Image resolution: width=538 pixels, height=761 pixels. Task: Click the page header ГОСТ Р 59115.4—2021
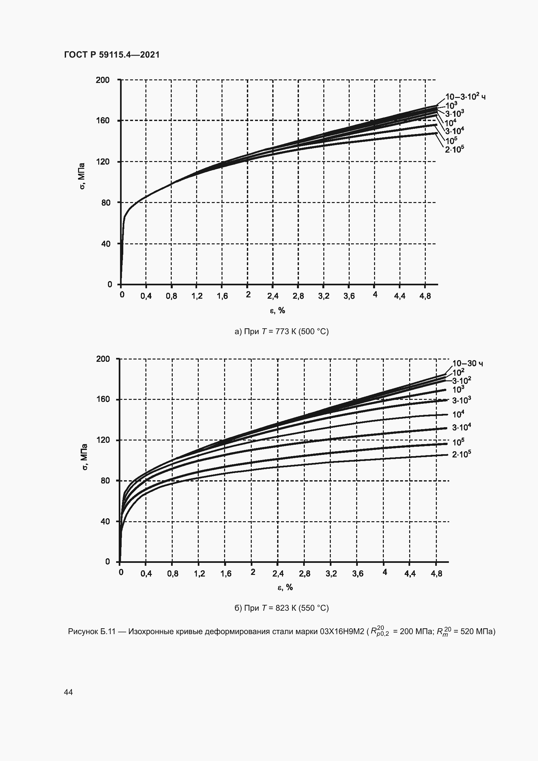[x=112, y=55]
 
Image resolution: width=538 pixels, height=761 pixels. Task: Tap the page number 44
[x=68, y=692]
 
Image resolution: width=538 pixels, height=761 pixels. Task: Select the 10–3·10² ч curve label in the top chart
[x=465, y=97]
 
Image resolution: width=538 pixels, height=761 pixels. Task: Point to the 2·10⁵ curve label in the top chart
[x=454, y=149]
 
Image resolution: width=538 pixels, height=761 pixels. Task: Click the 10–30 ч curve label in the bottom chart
[x=467, y=363]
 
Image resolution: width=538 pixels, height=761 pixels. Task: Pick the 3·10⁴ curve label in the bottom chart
[x=462, y=428]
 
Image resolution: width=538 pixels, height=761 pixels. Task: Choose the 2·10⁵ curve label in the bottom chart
[x=462, y=455]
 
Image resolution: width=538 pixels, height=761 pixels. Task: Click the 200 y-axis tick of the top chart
[x=102, y=80]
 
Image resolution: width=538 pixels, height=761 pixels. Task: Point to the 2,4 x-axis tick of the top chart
[x=273, y=296]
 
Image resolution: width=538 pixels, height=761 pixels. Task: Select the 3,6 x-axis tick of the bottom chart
[x=357, y=574]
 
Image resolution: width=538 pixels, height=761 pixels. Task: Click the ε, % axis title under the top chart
[x=277, y=311]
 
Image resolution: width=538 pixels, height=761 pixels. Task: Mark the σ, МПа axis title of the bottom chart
[x=84, y=457]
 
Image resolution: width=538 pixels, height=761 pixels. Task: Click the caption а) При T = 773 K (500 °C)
[x=281, y=332]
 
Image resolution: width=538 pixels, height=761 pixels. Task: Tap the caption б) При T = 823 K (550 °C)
[x=281, y=608]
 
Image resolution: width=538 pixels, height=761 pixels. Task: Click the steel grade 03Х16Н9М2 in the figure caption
[x=342, y=632]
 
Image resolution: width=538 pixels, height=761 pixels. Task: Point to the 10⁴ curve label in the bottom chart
[x=458, y=414]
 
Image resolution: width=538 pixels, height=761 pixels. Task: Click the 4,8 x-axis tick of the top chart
[x=425, y=296]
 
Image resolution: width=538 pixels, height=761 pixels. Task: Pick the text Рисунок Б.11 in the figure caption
[x=91, y=632]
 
